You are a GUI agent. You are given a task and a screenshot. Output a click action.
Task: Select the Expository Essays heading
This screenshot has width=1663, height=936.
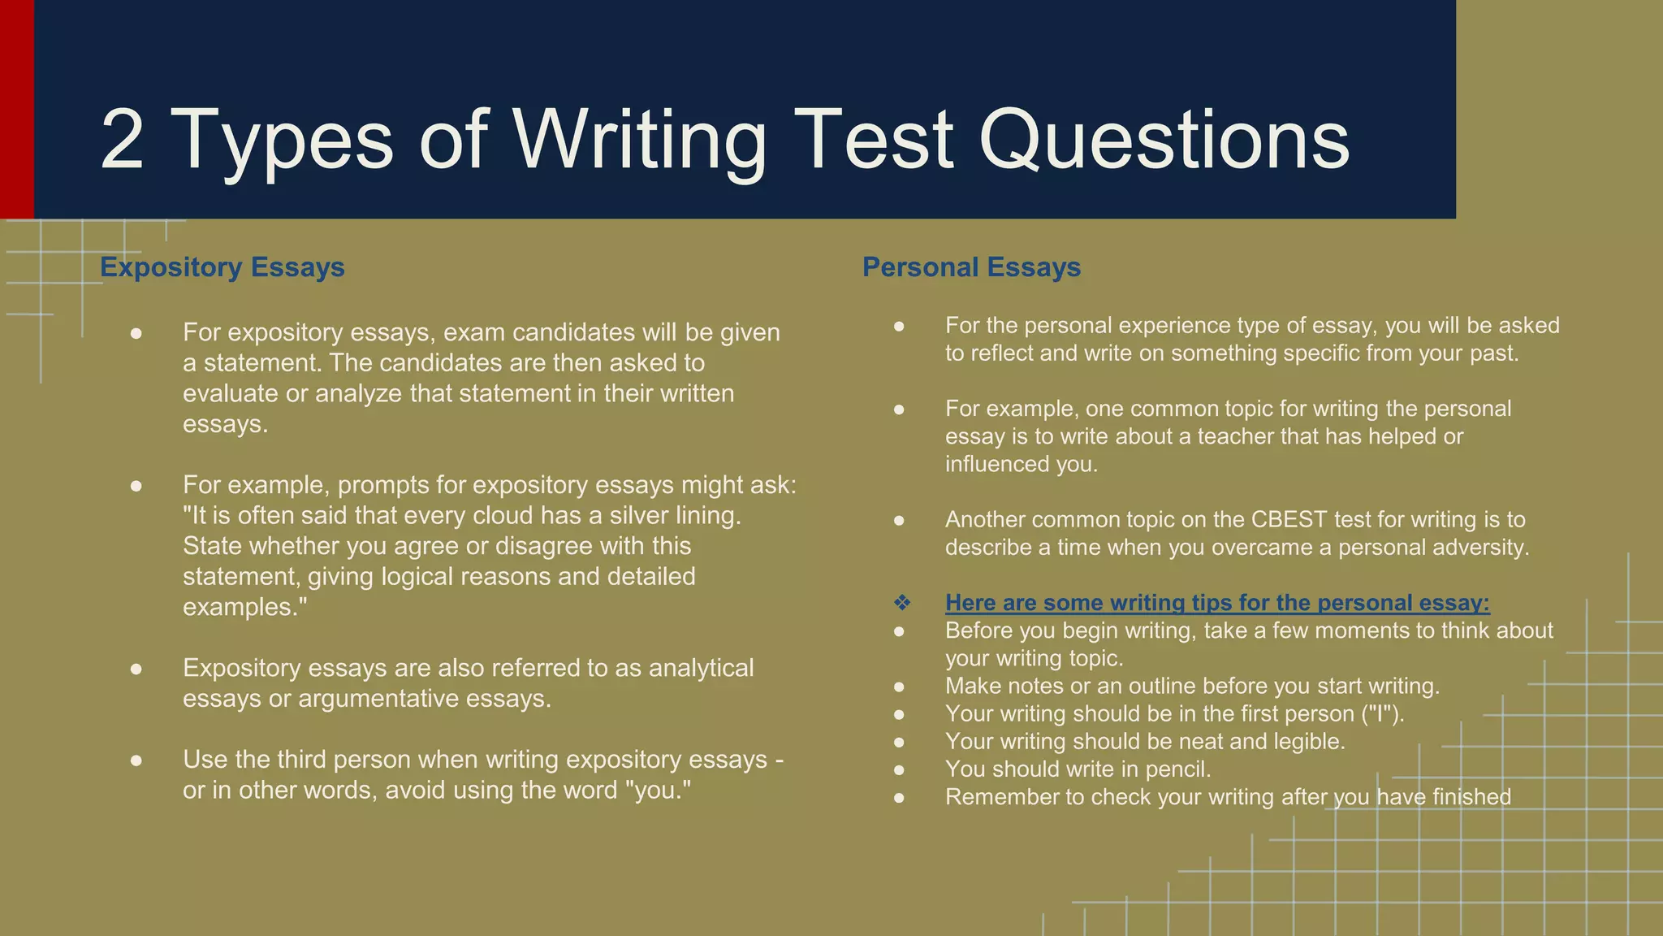pyautogui.click(x=222, y=267)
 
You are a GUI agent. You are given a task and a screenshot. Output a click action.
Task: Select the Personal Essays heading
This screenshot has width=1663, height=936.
pyautogui.click(x=971, y=267)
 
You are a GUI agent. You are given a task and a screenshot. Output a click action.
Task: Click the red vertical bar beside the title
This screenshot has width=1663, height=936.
pyautogui.click(x=16, y=110)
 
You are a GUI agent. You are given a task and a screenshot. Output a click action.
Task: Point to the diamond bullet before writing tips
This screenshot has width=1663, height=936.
pyautogui.click(x=901, y=603)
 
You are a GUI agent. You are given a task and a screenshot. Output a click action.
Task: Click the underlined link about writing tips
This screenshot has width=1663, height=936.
pyautogui.click(x=1217, y=603)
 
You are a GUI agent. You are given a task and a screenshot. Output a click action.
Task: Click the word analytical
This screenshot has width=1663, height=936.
pyautogui.click(x=701, y=668)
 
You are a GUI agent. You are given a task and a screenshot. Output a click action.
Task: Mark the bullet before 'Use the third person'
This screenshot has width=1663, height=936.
pyautogui.click(x=136, y=760)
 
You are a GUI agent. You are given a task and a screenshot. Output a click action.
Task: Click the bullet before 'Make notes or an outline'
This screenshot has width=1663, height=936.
pyautogui.click(x=899, y=687)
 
